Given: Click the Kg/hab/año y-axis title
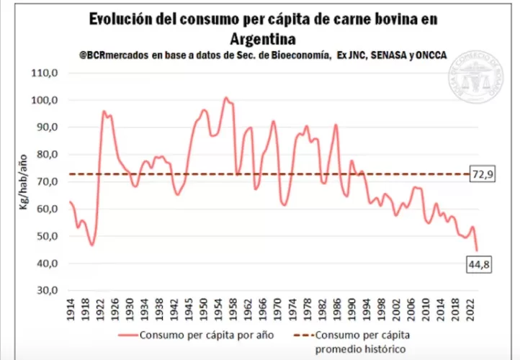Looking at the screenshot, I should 24,181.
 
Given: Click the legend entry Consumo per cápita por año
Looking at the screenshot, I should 191,335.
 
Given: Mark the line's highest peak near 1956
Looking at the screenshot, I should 225,97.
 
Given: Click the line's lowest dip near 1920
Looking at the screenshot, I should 92,246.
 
